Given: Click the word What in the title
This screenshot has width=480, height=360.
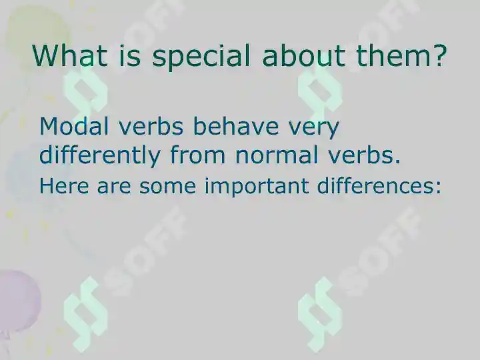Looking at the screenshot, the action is pos(69,55).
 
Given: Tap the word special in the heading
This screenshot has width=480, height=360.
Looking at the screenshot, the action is pos(201,57).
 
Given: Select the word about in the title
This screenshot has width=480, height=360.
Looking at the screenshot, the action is pos(303,55).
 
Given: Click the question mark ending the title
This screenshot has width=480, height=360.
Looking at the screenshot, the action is pos(439,55).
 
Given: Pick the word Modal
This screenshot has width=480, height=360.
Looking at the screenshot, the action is pos(74,126).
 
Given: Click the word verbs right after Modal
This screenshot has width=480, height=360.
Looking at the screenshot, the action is pos(151,126).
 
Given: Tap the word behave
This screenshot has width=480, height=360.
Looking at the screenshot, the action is pos(236,126).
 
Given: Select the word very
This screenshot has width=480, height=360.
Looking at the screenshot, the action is pos(314,129).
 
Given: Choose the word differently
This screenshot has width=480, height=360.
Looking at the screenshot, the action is pos(100,156).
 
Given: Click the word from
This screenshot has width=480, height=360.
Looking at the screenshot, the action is pos(197,155).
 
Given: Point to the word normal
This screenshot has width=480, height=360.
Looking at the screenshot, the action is pos(277,155).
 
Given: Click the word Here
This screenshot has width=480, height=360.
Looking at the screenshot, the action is pos(64,186).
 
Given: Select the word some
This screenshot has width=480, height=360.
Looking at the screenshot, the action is pos(167,187).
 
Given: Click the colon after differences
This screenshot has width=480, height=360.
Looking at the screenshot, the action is pos(438,187).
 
